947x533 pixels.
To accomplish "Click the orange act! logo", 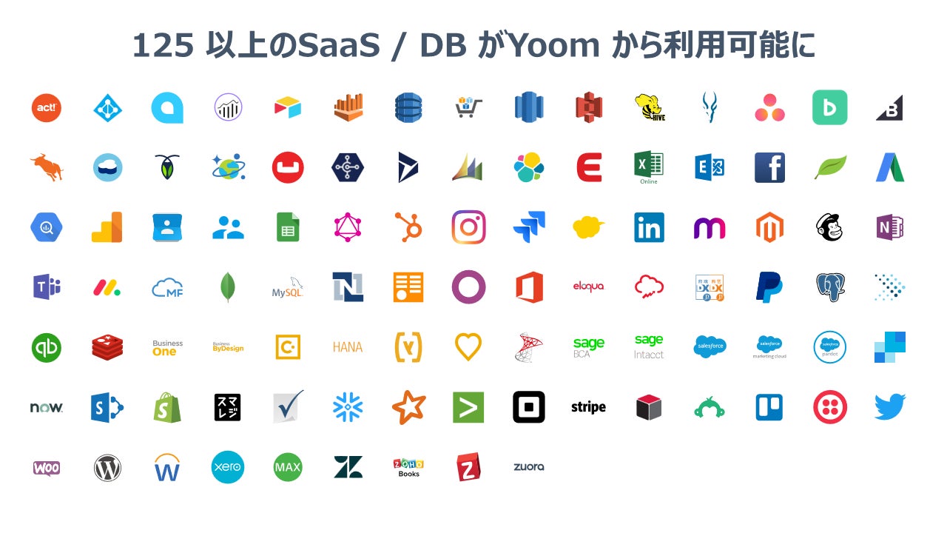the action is tap(46, 108).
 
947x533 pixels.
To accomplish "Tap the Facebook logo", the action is tap(769, 168).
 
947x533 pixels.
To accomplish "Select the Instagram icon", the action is tap(468, 227).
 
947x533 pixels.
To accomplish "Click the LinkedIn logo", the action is tap(649, 228).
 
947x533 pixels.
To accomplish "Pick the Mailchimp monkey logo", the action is tap(829, 227).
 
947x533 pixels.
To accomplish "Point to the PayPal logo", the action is tap(769, 287).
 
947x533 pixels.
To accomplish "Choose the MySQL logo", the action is tap(288, 288).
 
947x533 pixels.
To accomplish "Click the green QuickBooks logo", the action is tap(47, 347).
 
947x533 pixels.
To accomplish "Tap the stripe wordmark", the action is tap(588, 407).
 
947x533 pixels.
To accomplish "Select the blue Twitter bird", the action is tap(889, 406).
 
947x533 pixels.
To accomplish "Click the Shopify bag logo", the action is tap(167, 407).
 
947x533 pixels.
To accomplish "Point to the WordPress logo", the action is tap(107, 467).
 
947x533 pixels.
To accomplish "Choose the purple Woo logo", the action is tap(47, 468).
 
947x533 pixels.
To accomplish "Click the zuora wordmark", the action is tap(528, 467).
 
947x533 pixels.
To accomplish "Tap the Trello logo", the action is tap(769, 407).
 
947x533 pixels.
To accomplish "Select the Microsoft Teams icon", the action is tap(47, 287).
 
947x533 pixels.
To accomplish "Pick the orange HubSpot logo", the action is tap(408, 227).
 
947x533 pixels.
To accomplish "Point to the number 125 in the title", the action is tap(163, 46).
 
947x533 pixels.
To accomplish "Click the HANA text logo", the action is tap(348, 347).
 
